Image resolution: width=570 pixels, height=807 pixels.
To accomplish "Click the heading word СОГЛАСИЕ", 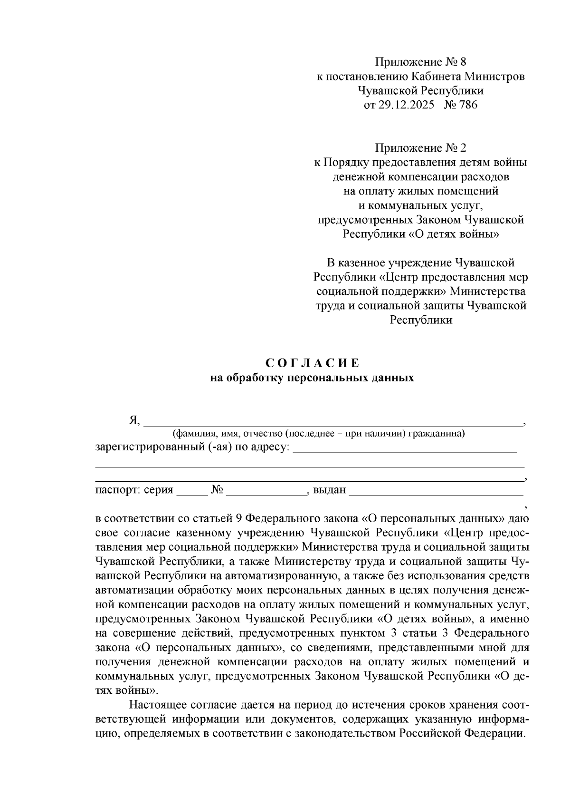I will tap(312, 363).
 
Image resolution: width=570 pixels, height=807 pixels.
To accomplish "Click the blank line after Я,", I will tap(332, 420).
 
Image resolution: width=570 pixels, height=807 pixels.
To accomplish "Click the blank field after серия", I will tap(192, 490).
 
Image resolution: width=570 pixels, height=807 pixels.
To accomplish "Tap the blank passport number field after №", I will tap(266, 490).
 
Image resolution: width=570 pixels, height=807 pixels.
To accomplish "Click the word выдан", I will tap(329, 490).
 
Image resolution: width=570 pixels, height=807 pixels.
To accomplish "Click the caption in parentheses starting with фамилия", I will tap(318, 433).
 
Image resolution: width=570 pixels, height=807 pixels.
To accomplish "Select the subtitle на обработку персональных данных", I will tap(312, 379).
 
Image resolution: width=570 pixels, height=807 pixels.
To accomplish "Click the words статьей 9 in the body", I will tap(219, 518).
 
